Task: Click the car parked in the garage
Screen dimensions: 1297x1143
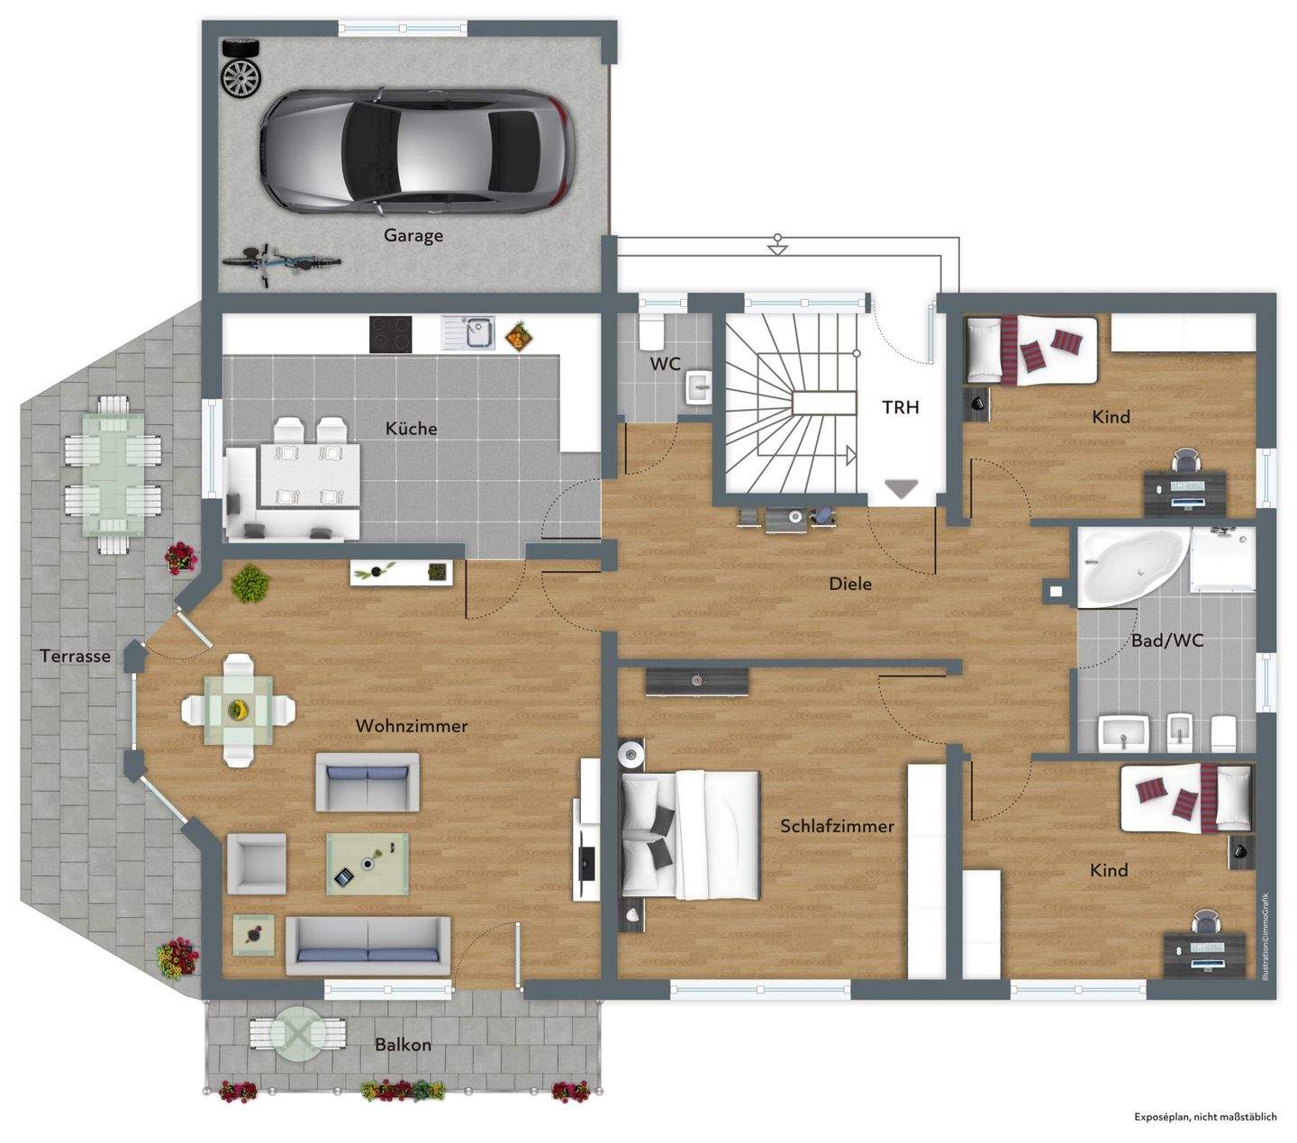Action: pyautogui.click(x=417, y=150)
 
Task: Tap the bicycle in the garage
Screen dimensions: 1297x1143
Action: pyautogui.click(x=282, y=263)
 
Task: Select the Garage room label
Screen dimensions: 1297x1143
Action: pyautogui.click(x=413, y=236)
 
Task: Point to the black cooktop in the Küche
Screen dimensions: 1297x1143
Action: pyautogui.click(x=391, y=335)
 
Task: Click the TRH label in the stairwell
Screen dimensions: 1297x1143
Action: pyautogui.click(x=900, y=407)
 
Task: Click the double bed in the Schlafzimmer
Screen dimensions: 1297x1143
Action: pyautogui.click(x=690, y=834)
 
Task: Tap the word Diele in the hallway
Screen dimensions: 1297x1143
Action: pyautogui.click(x=849, y=584)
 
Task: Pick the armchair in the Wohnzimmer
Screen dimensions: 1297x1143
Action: pyautogui.click(x=257, y=864)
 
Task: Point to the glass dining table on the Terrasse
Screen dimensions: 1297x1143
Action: pyautogui.click(x=114, y=475)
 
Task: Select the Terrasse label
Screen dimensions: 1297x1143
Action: pyautogui.click(x=76, y=656)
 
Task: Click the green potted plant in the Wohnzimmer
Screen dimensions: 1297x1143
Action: pyautogui.click(x=250, y=584)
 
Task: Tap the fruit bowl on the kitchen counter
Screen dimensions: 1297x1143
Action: pyautogui.click(x=519, y=336)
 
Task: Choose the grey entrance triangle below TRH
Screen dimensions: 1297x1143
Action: pyautogui.click(x=902, y=488)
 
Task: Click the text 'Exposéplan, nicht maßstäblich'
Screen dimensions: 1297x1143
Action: pyautogui.click(x=1205, y=1117)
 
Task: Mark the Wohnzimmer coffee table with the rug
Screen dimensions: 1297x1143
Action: pyautogui.click(x=367, y=864)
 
